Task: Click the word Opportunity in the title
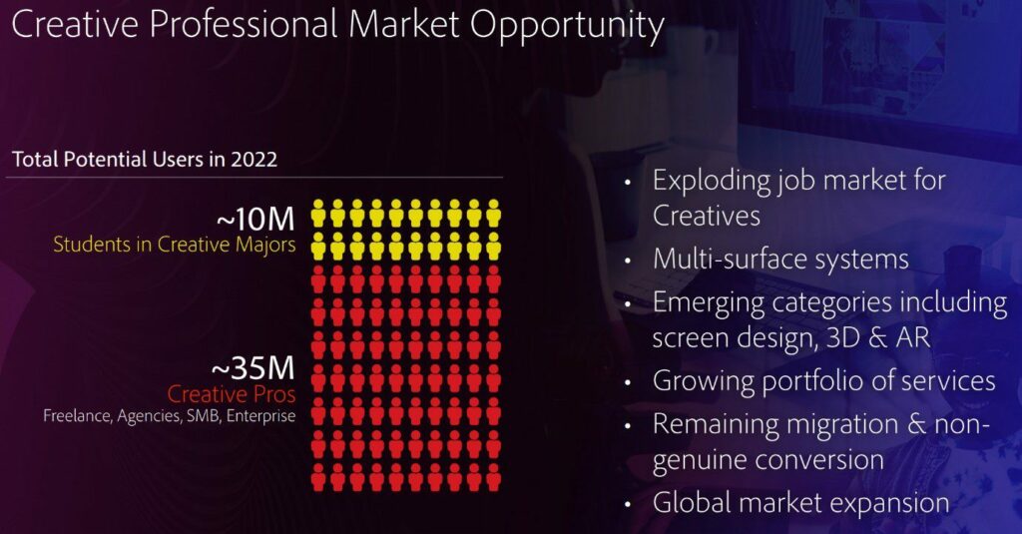click(567, 25)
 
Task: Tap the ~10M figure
click(255, 219)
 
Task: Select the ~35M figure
click(254, 368)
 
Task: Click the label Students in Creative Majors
click(174, 246)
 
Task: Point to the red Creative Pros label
click(232, 394)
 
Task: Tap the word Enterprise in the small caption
click(260, 416)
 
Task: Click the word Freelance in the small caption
click(78, 416)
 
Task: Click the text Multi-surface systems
click(780, 259)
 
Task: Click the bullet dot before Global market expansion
click(627, 504)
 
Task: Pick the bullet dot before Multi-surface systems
click(627, 261)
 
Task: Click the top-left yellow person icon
click(318, 214)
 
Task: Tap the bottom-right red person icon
click(493, 477)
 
